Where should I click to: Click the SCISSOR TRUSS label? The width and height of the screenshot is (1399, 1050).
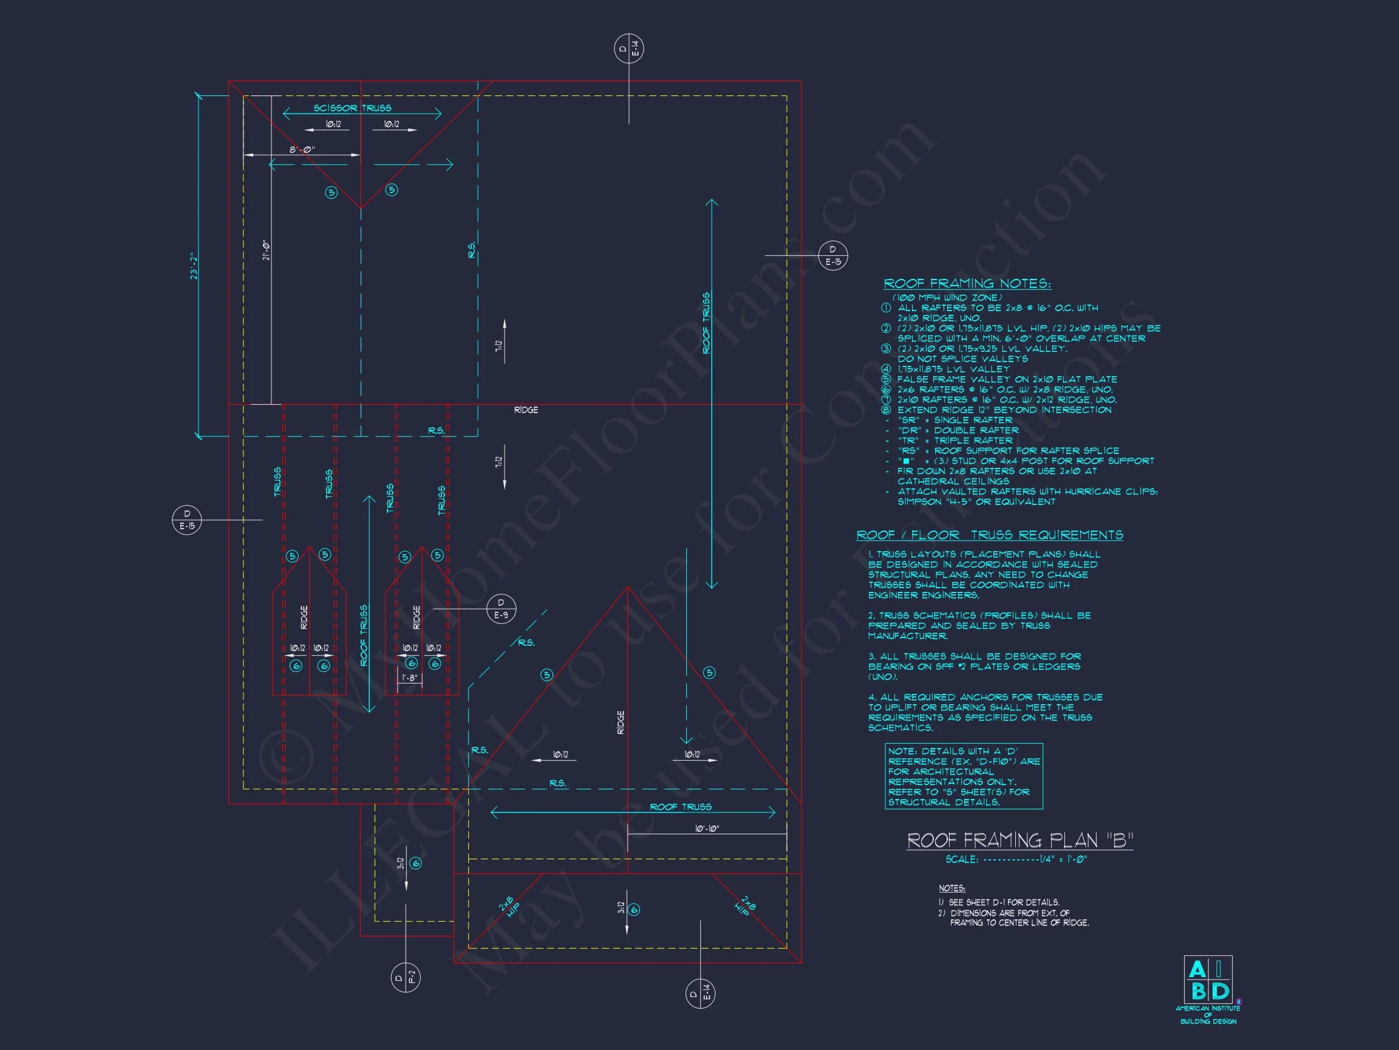tap(352, 108)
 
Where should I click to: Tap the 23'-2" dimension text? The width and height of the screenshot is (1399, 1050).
tap(194, 266)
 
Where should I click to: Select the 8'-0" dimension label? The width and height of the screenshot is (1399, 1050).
tap(302, 150)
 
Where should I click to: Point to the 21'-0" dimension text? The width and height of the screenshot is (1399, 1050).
tap(267, 250)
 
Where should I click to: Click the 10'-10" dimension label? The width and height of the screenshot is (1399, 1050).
tap(707, 828)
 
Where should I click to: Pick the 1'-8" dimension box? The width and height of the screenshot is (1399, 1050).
tap(410, 678)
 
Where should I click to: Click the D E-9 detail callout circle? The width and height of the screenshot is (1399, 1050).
tap(501, 609)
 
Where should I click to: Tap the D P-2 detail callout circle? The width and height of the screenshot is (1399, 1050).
tap(406, 977)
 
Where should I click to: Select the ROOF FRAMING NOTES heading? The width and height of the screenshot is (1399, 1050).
tap(967, 284)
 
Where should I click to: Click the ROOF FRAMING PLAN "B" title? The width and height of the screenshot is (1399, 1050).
tap(1019, 840)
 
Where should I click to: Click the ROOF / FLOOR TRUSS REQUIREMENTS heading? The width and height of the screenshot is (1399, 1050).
tap(989, 535)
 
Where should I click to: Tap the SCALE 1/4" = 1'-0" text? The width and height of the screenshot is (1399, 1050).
tap(1016, 859)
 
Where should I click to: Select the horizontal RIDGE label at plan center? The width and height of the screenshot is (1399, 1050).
tap(526, 410)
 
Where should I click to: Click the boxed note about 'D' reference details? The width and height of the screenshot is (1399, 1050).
tap(963, 777)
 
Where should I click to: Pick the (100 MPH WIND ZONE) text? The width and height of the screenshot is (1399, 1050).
tap(947, 298)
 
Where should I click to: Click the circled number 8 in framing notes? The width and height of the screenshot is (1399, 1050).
tap(886, 410)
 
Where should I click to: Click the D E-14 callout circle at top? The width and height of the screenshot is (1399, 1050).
tap(628, 49)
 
